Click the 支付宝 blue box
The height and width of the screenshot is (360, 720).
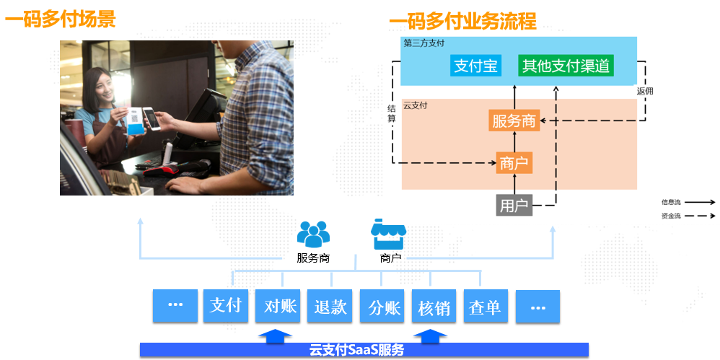[x=475, y=66]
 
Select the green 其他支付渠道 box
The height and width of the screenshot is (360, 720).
[x=566, y=66]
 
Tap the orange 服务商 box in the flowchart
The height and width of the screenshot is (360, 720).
[x=514, y=121]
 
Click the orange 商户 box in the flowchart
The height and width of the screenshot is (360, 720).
[x=514, y=163]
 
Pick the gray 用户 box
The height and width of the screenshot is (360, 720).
[x=514, y=206]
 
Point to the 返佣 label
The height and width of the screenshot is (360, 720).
[x=645, y=91]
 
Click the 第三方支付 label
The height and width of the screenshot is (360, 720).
[x=423, y=43]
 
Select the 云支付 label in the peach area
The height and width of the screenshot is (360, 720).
[x=416, y=105]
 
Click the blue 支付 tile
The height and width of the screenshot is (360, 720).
[x=226, y=306]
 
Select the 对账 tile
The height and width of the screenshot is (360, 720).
[x=278, y=306]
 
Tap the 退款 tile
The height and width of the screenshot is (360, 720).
[x=330, y=306]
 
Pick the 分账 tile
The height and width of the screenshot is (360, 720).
[x=382, y=306]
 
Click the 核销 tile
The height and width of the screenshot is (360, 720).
[x=434, y=306]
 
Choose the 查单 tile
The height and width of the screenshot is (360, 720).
[x=486, y=306]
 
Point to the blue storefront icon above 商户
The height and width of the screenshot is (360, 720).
[x=388, y=234]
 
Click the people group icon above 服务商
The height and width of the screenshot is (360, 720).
[x=313, y=234]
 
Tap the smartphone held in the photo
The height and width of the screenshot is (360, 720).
[x=149, y=119]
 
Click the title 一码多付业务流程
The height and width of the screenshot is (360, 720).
[x=463, y=21]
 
